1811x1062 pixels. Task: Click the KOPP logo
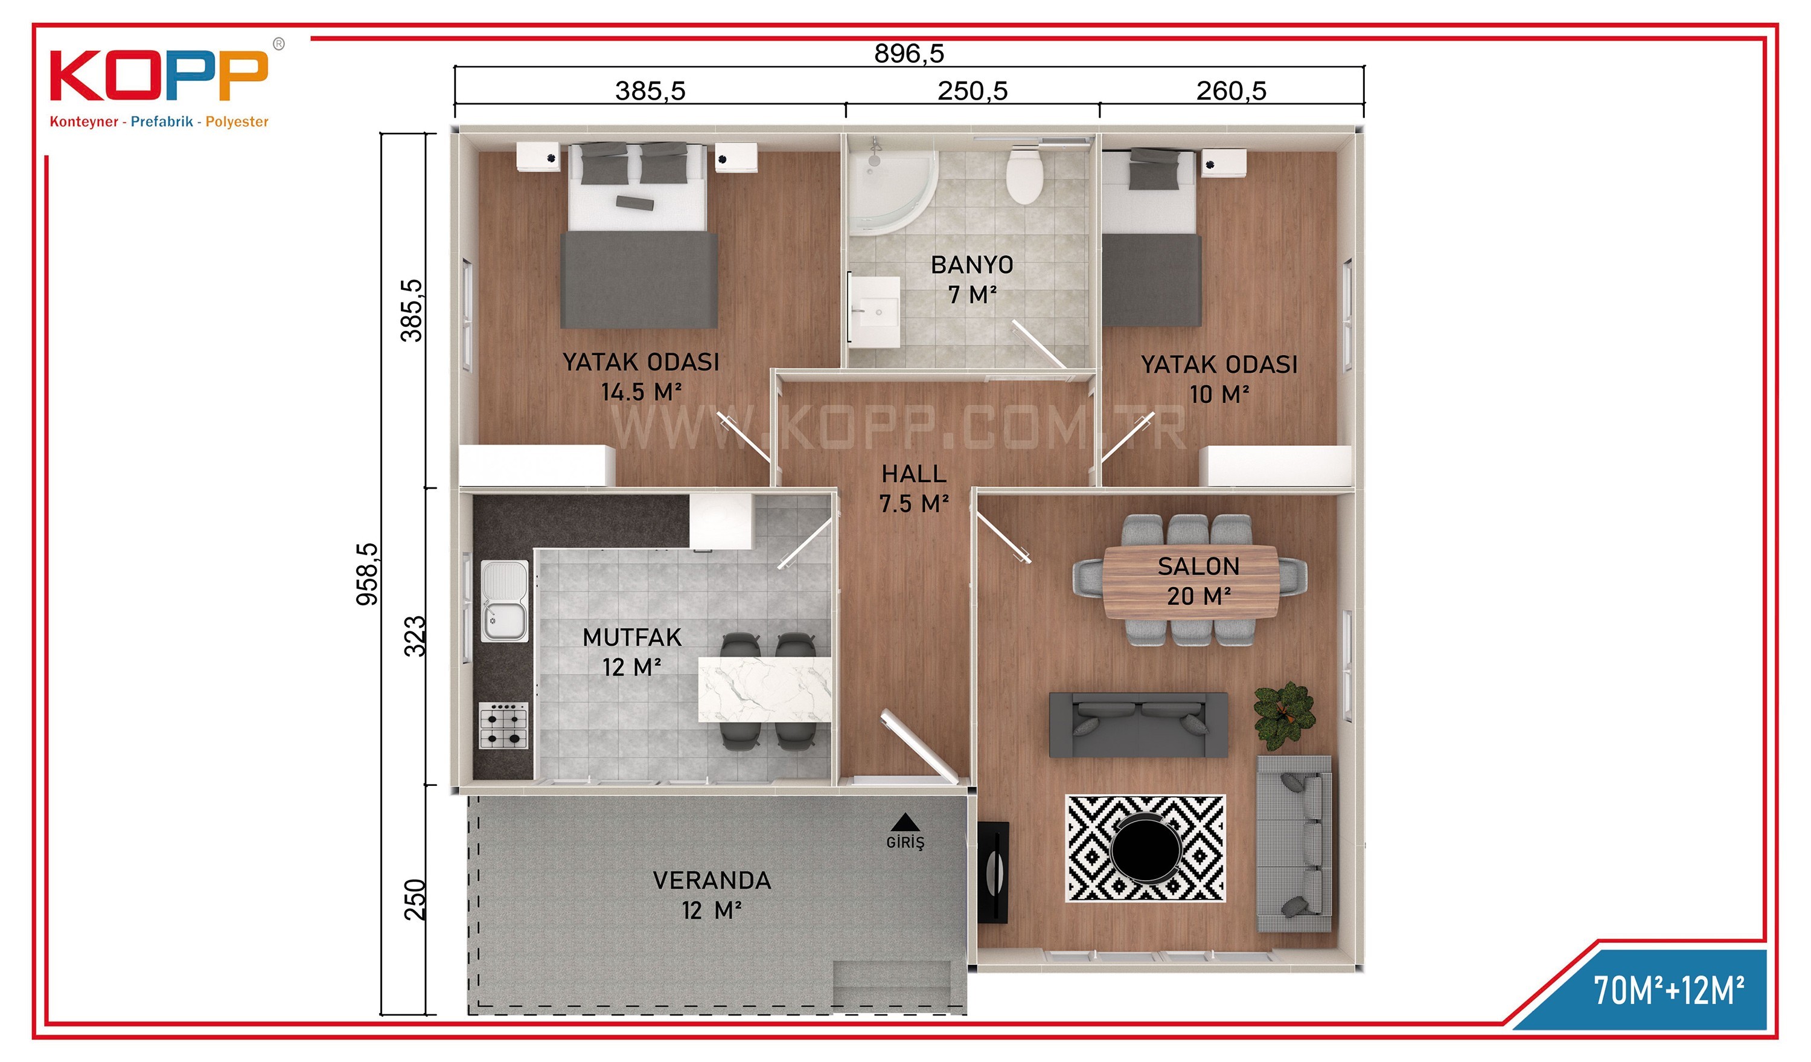click(159, 83)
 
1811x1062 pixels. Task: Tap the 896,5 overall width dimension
click(909, 53)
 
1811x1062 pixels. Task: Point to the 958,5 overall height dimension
click(367, 574)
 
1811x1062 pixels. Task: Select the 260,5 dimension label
click(1230, 91)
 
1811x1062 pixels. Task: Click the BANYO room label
click(972, 265)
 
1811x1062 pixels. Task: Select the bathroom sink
click(875, 311)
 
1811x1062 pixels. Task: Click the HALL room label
click(913, 474)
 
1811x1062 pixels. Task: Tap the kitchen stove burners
click(503, 726)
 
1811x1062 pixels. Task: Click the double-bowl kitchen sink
click(505, 601)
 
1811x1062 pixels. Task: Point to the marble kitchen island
click(765, 689)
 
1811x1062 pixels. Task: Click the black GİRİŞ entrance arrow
click(905, 821)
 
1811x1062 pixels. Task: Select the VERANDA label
click(712, 880)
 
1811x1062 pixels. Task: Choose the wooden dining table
click(1191, 582)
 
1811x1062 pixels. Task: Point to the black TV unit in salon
click(992, 872)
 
